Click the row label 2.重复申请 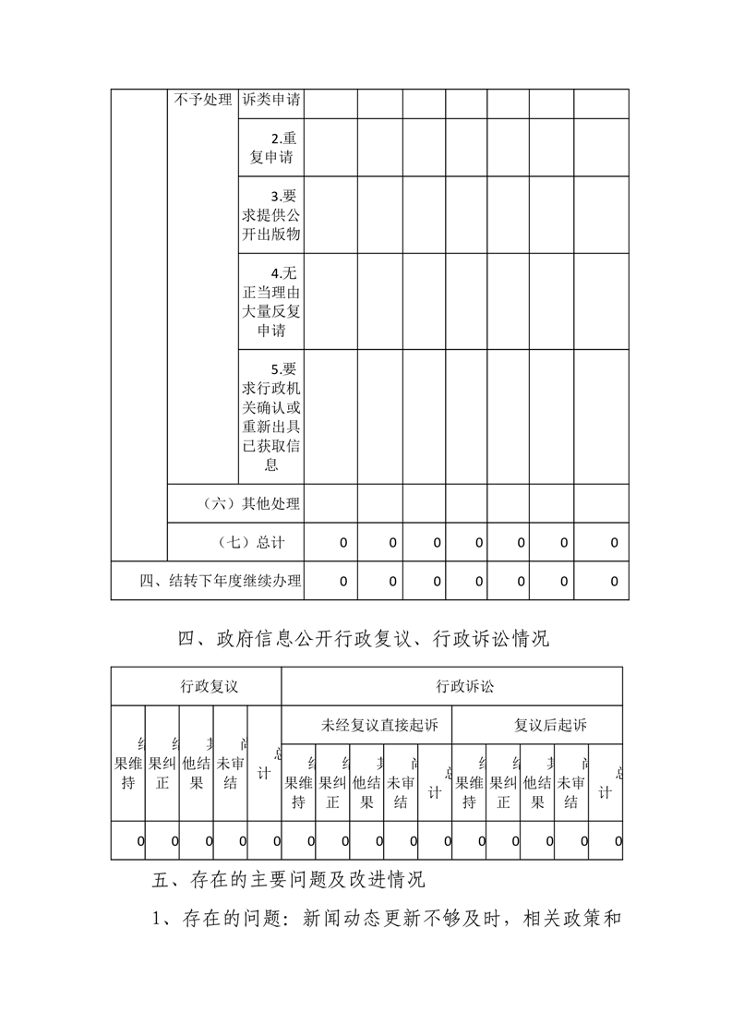pos(271,148)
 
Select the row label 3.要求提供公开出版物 pos(271,215)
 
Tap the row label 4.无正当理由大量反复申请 pos(271,302)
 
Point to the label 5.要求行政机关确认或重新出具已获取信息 pos(271,416)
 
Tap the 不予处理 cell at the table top pos(202,100)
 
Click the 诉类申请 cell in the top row pos(271,100)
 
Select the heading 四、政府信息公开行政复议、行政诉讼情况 pos(364,638)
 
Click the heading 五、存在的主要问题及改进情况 pos(288,880)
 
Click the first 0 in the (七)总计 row pos(343,543)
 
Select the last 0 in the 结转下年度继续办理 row pos(614,582)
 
